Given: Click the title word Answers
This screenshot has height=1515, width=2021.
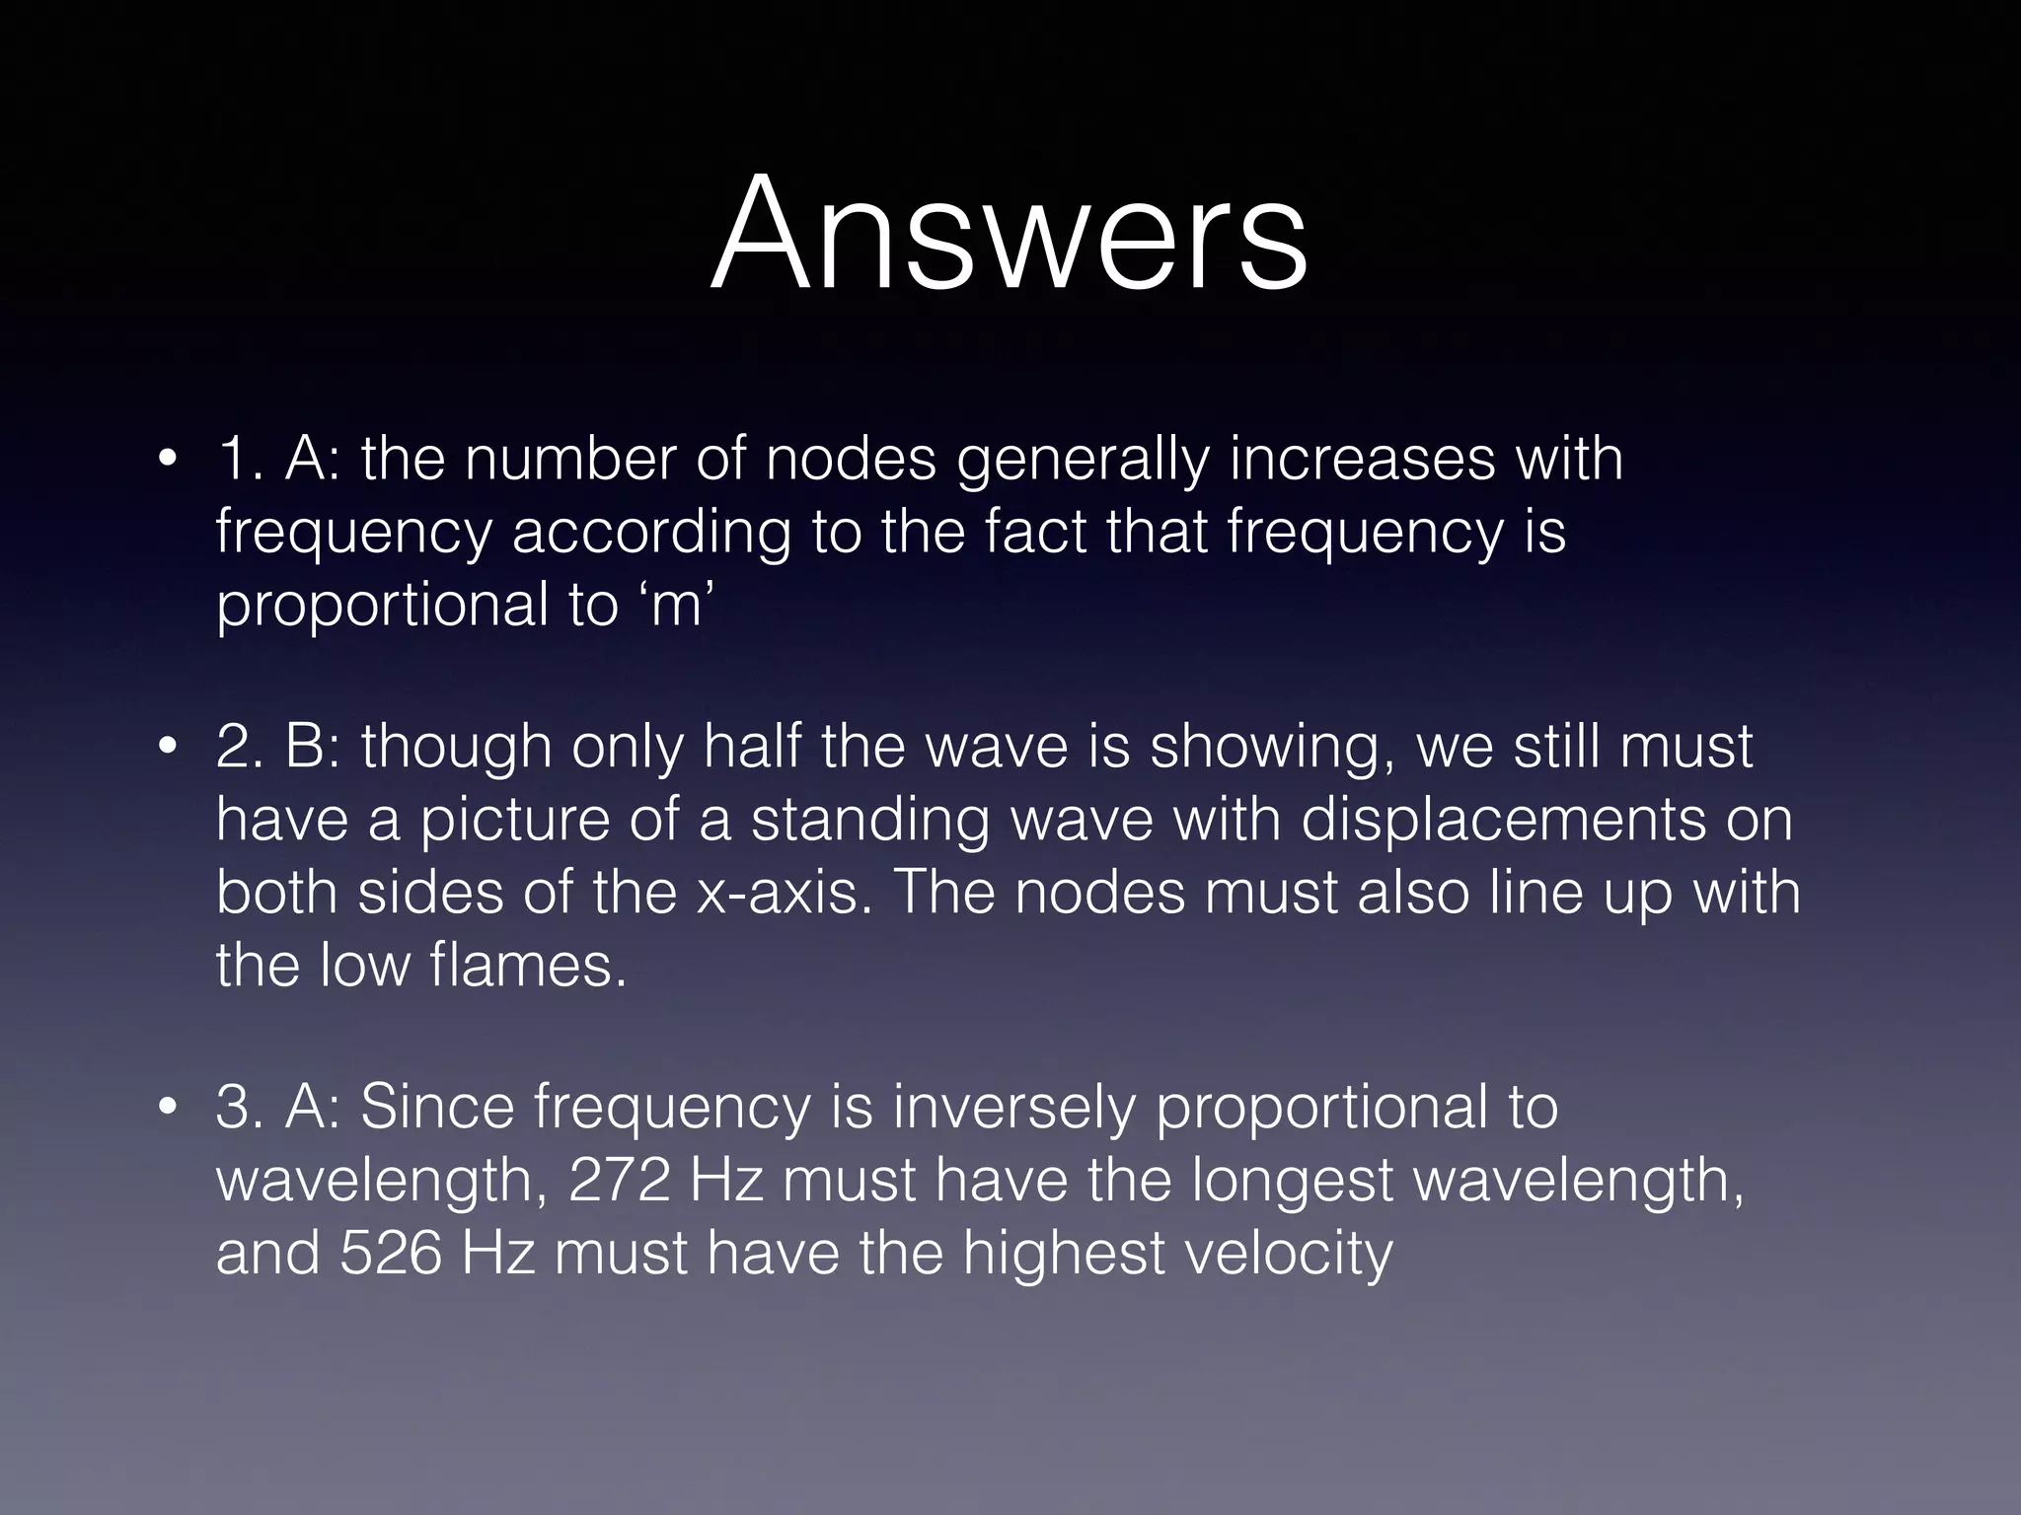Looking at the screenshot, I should pyautogui.click(x=1009, y=235).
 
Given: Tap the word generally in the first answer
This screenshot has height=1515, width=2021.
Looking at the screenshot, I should pyautogui.click(x=1083, y=461).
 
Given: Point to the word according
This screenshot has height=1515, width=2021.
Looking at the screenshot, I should pyautogui.click(x=651, y=534).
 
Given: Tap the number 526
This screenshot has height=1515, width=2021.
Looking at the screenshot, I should pyautogui.click(x=390, y=1252).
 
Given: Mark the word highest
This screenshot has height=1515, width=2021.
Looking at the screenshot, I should pyautogui.click(x=1064, y=1254).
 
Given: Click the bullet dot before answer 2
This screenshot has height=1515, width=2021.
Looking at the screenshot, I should pyautogui.click(x=169, y=747).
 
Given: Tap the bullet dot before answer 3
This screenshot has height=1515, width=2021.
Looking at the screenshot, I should pyautogui.click(x=169, y=1107).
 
